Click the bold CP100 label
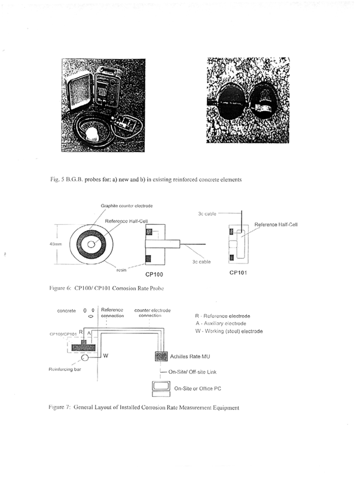(x=155, y=273)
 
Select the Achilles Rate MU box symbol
(x=158, y=356)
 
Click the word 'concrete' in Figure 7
(x=66, y=310)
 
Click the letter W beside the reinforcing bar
(x=106, y=355)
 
